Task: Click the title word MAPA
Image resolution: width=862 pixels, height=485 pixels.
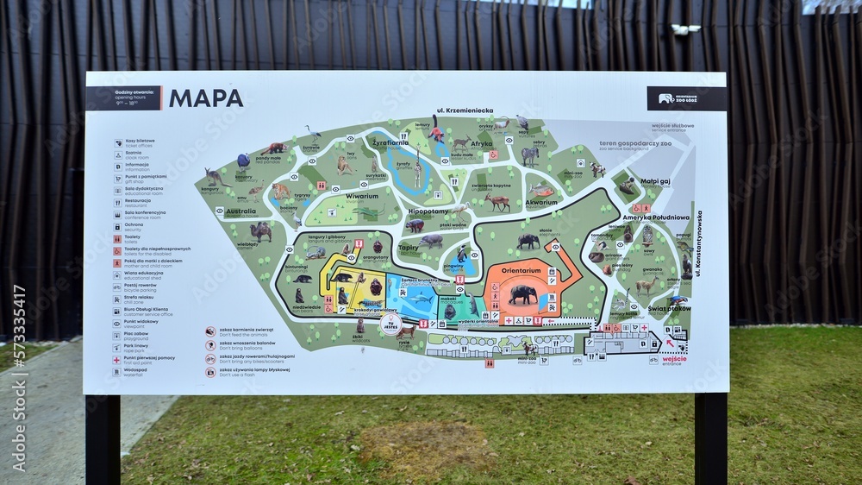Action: [206, 98]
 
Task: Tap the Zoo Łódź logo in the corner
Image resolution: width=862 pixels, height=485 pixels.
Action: [686, 98]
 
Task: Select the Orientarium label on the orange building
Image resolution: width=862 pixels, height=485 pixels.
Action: [521, 270]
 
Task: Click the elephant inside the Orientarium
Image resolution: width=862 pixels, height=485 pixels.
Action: [522, 294]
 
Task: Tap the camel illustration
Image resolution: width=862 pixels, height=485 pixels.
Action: [260, 231]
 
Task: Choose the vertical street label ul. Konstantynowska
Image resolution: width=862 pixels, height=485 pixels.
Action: [698, 243]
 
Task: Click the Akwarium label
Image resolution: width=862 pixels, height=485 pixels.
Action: [541, 203]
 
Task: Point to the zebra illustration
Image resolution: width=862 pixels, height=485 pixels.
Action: [529, 154]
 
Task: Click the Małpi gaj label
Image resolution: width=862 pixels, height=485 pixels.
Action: [656, 182]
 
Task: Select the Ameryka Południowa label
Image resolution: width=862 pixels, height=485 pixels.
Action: [656, 217]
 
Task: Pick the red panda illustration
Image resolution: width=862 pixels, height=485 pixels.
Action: [274, 148]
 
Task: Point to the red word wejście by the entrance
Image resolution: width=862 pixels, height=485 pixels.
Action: [674, 335]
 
